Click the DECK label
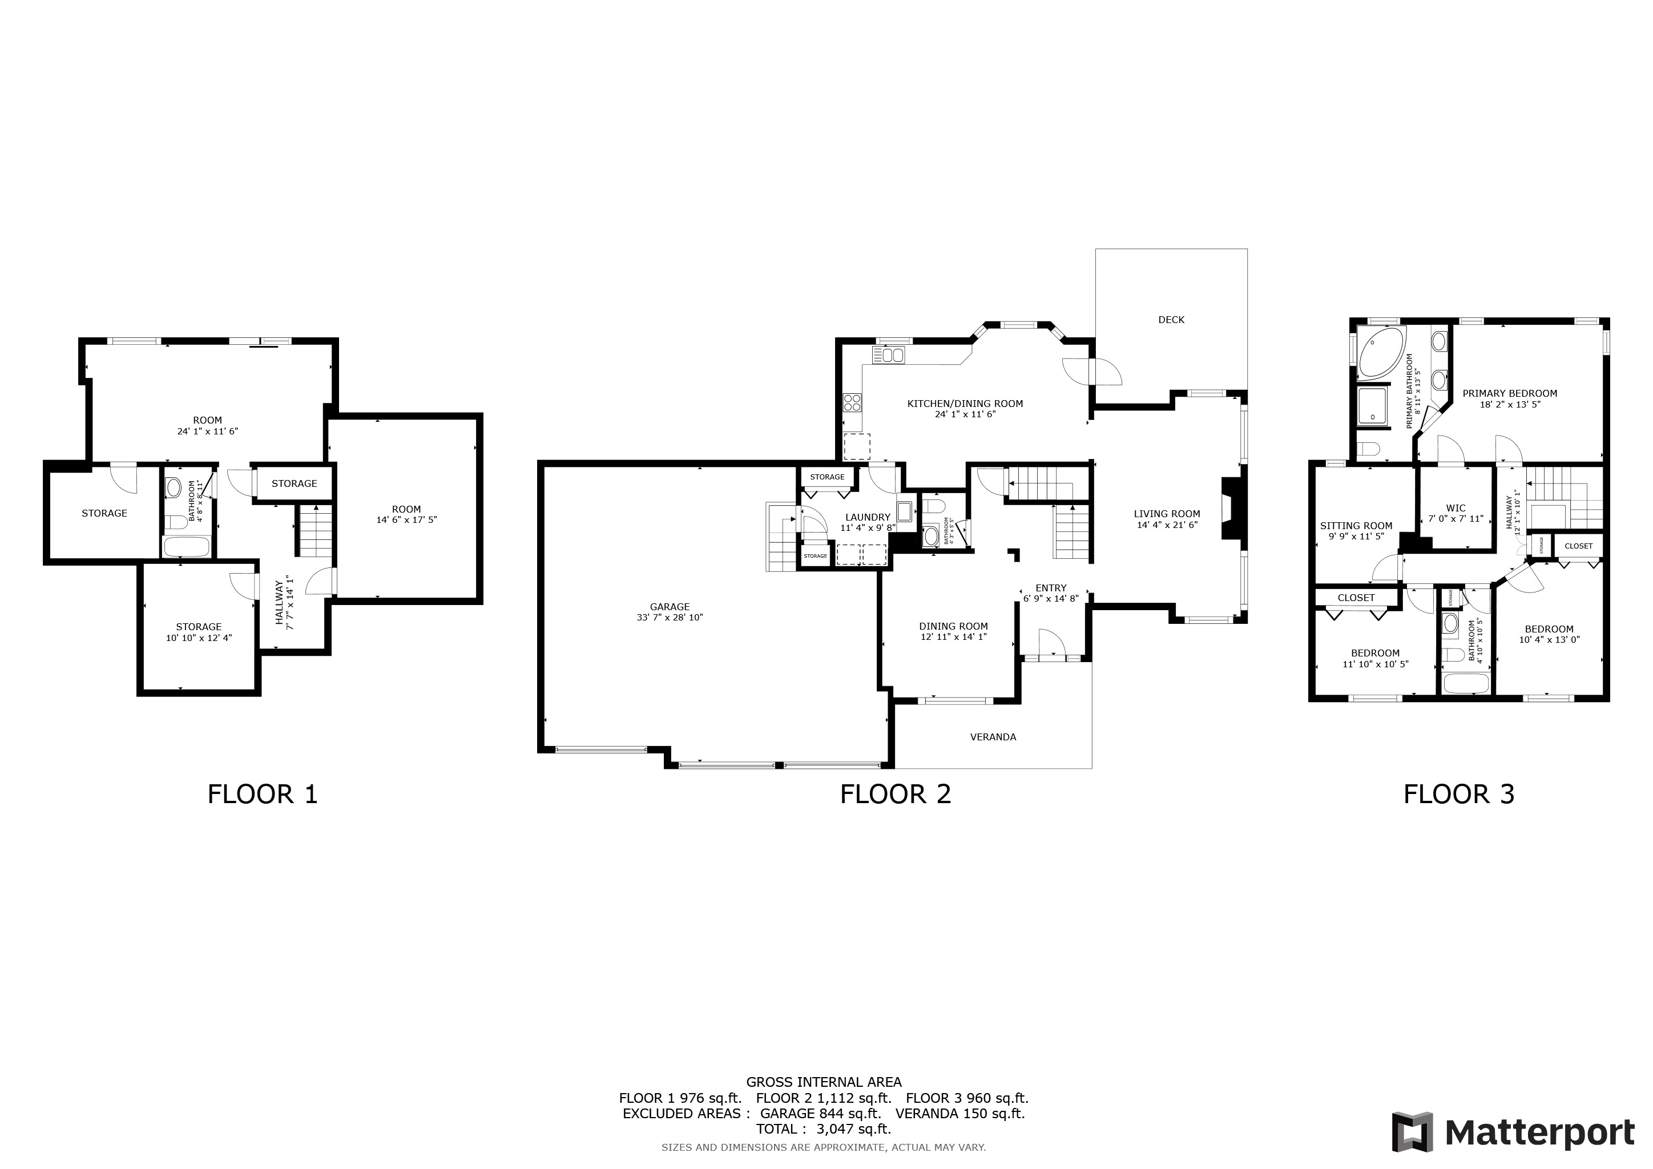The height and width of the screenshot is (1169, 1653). point(1171,320)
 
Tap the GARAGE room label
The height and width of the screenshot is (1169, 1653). point(670,607)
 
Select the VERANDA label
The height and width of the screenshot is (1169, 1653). point(993,737)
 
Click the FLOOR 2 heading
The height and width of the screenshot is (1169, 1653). point(895,795)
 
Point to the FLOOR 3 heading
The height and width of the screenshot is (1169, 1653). point(1458,795)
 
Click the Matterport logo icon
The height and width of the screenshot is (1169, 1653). point(1412,1132)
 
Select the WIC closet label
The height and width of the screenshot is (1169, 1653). point(1455,508)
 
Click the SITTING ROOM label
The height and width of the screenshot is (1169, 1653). point(1356,526)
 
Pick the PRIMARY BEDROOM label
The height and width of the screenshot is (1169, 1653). point(1509,394)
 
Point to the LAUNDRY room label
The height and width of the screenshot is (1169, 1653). point(868,517)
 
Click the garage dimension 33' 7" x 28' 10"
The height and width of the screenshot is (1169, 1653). point(670,618)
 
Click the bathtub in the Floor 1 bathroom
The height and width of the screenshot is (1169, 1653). point(186,546)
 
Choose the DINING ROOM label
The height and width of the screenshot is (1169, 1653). point(953,626)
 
